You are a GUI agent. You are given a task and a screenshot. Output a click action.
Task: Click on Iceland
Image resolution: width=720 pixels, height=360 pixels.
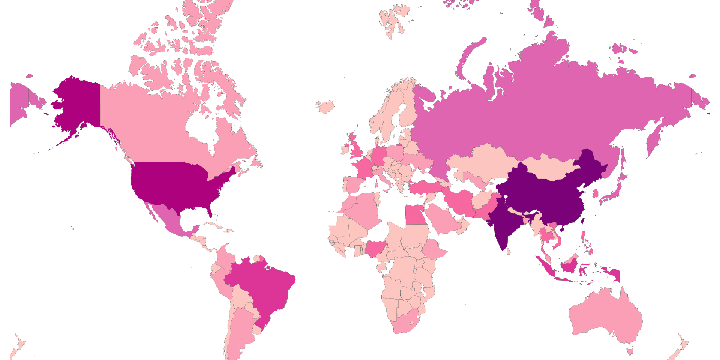click(x=325, y=106)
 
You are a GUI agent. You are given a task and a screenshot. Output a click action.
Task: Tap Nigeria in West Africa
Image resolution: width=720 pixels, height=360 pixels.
click(x=375, y=249)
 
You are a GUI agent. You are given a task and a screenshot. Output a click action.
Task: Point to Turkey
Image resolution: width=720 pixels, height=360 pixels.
click(x=426, y=186)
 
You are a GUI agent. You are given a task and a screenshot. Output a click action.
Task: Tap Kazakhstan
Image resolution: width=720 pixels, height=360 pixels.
click(x=480, y=161)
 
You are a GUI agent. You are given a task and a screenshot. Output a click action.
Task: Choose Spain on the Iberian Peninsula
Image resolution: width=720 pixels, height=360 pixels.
click(x=354, y=184)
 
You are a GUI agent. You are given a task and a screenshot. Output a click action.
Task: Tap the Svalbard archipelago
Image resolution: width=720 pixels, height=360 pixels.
click(x=392, y=21)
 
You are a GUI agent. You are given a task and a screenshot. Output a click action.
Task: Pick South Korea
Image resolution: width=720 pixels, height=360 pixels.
click(x=595, y=193)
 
